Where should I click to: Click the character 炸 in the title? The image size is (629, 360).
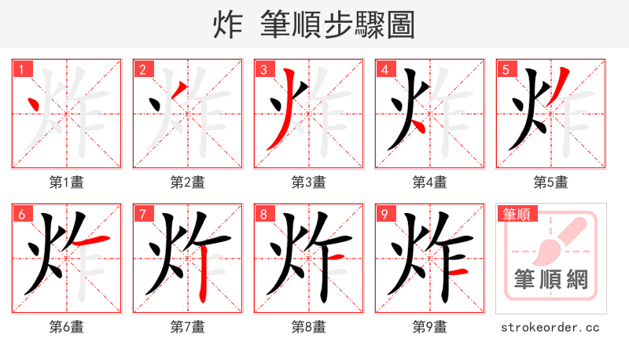[228, 25]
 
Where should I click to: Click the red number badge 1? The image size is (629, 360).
[21, 70]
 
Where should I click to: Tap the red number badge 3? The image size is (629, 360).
[263, 70]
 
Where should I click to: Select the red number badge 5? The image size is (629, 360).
[506, 70]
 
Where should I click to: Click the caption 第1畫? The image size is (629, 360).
[66, 182]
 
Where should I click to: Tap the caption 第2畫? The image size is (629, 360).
[187, 182]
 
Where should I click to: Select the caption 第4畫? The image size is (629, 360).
[429, 182]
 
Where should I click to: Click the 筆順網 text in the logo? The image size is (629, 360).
[550, 279]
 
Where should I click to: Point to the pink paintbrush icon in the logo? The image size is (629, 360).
[560, 240]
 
